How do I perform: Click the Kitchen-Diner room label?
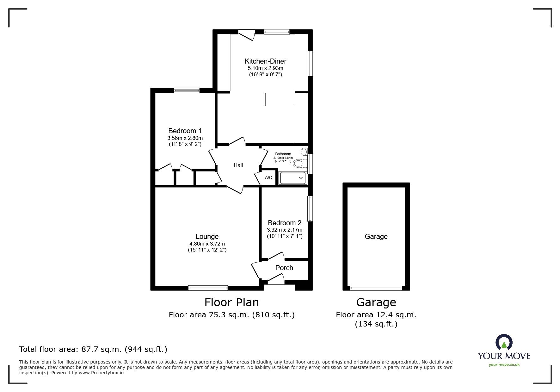[265, 61]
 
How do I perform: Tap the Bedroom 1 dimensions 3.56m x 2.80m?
[185, 138]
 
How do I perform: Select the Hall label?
[238, 165]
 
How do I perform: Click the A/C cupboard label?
[268, 177]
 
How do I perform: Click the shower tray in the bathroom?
[293, 178]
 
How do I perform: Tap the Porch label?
[284, 268]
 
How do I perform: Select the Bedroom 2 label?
[284, 223]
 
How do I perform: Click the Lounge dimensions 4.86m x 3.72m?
[207, 244]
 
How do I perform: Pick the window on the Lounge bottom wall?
[208, 288]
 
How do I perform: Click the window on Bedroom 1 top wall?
[187, 90]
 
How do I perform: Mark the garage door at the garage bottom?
[376, 288]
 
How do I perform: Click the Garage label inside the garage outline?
[376, 236]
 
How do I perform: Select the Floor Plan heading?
[231, 302]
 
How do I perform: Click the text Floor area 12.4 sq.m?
[376, 315]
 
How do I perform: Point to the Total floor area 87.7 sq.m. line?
[93, 349]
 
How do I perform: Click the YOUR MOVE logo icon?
[504, 342]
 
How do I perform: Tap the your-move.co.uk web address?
[504, 364]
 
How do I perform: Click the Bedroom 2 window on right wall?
[310, 208]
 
